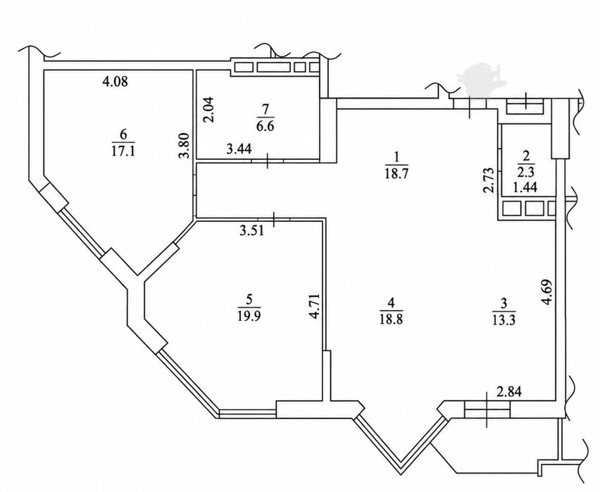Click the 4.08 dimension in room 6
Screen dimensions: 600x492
pyautogui.click(x=115, y=82)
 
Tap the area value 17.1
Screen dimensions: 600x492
pyautogui.click(x=123, y=151)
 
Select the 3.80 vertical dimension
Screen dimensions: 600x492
pyautogui.click(x=185, y=145)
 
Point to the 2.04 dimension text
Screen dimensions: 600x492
pyautogui.click(x=209, y=109)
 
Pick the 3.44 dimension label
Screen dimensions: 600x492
pyautogui.click(x=239, y=149)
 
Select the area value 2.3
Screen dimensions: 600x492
pyautogui.click(x=525, y=172)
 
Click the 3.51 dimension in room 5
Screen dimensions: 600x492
pyautogui.click(x=251, y=231)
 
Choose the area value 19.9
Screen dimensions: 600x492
pyautogui.click(x=249, y=316)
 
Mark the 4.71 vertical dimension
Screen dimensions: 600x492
pyautogui.click(x=315, y=305)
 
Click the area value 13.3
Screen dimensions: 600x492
pyautogui.click(x=504, y=320)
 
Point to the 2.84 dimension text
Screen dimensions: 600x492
pyautogui.click(x=509, y=392)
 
